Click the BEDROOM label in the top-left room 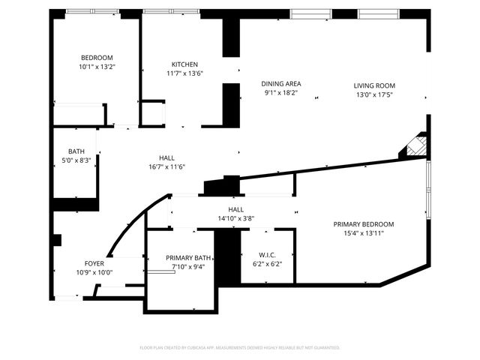click(x=97, y=58)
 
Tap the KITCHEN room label click(x=184, y=64)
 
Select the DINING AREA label click(x=280, y=83)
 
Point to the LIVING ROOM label click(x=374, y=85)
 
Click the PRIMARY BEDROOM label click(x=363, y=223)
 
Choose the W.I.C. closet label click(x=266, y=254)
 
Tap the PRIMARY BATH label click(x=188, y=256)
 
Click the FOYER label click(x=94, y=263)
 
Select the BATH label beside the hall click(x=76, y=151)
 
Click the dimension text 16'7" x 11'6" click(x=166, y=166)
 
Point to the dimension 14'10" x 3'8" click(x=236, y=219)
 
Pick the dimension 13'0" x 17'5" click(x=374, y=94)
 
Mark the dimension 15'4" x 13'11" click(x=363, y=232)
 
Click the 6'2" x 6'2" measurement click(x=266, y=263)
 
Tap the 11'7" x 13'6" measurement click(x=184, y=73)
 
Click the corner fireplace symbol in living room click(x=415, y=145)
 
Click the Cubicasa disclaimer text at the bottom click(x=240, y=347)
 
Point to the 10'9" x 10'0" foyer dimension click(x=94, y=272)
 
